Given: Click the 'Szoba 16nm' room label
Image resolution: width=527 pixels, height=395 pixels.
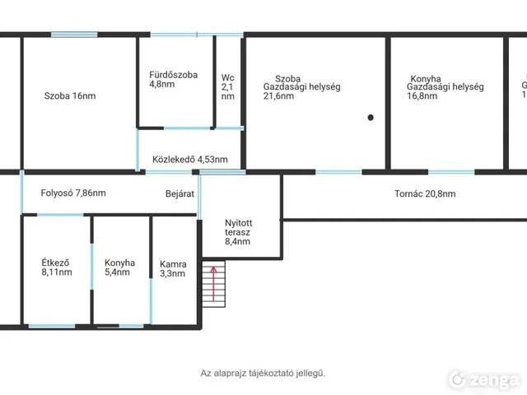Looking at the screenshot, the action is [70, 96].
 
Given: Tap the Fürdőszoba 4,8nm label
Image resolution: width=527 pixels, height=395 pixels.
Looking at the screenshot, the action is [174, 80].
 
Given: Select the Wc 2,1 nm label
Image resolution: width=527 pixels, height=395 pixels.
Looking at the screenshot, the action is [228, 87].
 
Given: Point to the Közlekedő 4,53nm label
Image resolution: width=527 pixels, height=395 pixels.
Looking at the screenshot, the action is [190, 160].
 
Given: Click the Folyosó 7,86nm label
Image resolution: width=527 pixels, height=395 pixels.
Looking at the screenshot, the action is [73, 193].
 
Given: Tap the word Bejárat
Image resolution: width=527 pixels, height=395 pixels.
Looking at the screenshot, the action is [180, 194].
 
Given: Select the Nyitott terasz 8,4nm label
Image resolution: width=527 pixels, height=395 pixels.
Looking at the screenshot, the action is [238, 232].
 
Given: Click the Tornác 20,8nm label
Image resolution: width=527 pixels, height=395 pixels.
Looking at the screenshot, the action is [425, 194].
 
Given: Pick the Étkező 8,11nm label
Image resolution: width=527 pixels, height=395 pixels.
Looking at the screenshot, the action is [57, 267].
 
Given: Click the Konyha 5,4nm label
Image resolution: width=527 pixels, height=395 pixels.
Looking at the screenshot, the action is [119, 267].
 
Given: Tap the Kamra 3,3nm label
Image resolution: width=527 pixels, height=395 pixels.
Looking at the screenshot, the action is [173, 269].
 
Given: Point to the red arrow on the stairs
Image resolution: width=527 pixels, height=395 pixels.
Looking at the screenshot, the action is [213, 284].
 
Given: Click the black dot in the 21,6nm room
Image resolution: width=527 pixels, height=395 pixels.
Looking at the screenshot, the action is [371, 118].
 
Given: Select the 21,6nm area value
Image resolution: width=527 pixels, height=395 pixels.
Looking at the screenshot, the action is [278, 96].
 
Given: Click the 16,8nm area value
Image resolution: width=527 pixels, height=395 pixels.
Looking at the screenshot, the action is [422, 96].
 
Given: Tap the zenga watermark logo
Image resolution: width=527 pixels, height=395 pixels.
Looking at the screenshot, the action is [483, 380].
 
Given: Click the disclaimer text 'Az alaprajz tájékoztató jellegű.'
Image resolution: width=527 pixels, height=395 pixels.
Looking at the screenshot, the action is [263, 373].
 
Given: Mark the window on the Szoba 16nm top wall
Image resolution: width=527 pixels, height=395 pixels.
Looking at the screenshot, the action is [74, 35].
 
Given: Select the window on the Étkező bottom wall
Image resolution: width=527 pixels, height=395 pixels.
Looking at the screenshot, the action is [52, 326].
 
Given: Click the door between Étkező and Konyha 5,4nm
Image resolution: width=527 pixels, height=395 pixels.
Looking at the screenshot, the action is [91, 267].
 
